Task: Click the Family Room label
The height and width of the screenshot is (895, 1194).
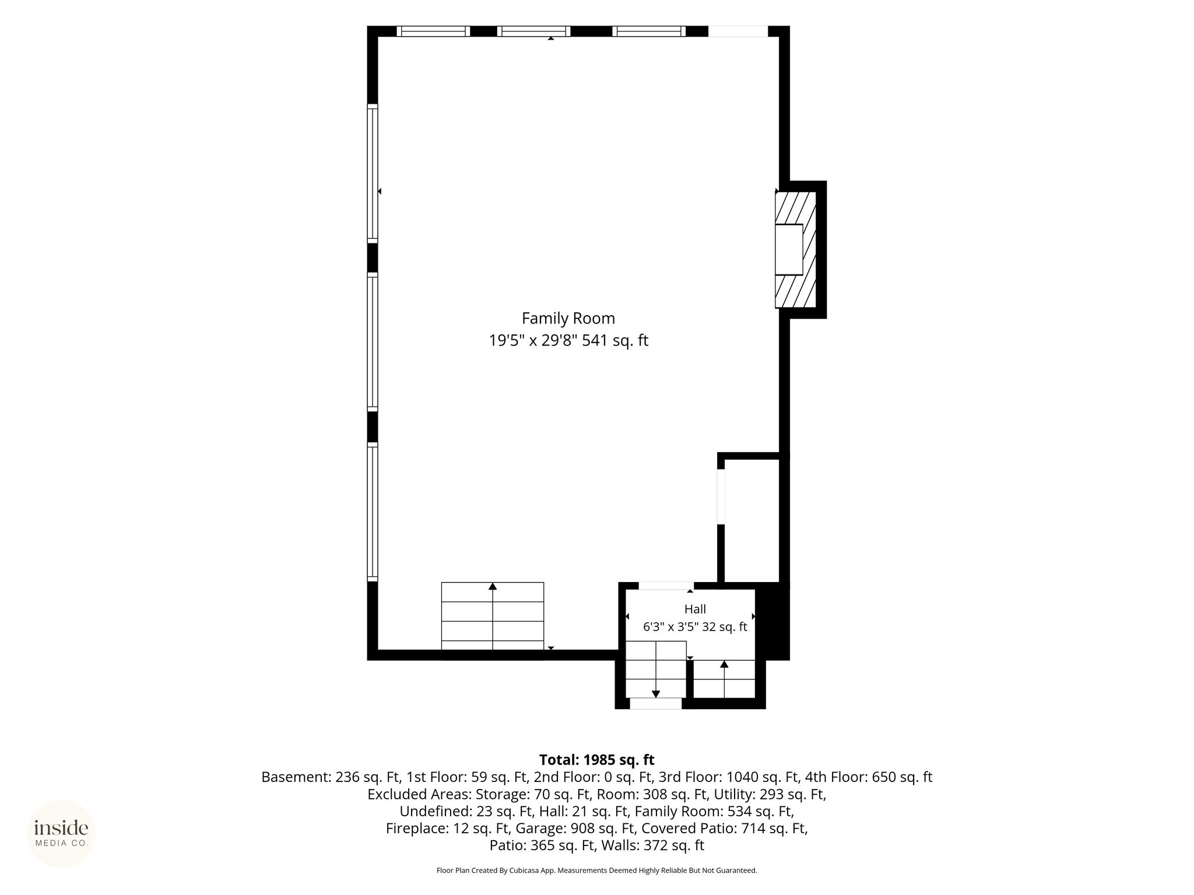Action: coord(568,319)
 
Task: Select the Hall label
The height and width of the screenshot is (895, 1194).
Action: coord(695,609)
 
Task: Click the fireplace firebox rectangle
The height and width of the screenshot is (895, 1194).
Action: coord(789,249)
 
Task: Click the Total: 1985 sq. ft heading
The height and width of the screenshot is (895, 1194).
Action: coord(597,760)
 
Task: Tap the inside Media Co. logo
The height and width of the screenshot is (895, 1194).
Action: coord(61,833)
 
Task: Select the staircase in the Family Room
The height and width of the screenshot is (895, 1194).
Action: coord(493,616)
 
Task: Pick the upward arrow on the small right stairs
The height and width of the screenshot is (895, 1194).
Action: coord(724,679)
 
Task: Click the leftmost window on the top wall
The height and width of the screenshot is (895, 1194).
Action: coord(433,31)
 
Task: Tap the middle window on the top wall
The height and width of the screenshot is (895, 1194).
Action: coord(534,31)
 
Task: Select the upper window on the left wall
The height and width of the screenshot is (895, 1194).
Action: coord(373,173)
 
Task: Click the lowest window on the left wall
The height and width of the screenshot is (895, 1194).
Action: coord(373,512)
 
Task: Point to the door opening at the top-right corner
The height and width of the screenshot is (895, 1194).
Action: coord(738,31)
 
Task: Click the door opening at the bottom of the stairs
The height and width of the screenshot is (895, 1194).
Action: coord(656,703)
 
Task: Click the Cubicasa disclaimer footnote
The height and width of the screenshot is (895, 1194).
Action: coord(597,871)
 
